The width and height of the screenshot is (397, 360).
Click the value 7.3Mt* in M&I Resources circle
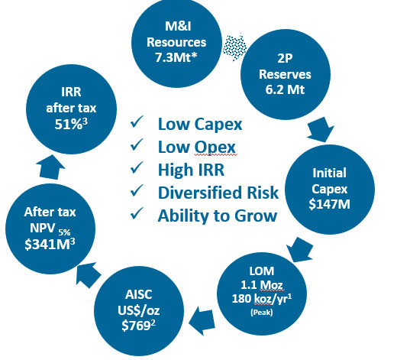click(x=176, y=57)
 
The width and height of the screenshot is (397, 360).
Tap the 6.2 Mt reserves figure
click(x=285, y=89)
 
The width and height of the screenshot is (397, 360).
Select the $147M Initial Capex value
click(x=330, y=204)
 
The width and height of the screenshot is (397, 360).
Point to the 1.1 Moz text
click(x=262, y=284)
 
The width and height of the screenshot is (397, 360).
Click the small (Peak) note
click(x=262, y=312)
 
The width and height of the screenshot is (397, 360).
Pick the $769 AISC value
click(x=138, y=326)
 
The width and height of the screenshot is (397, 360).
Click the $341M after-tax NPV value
click(x=50, y=244)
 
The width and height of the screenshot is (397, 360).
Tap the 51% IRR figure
click(x=71, y=124)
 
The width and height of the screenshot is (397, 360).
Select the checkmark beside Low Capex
click(x=137, y=122)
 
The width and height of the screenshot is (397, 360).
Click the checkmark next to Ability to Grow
click(x=137, y=213)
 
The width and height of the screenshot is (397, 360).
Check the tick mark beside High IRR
click(x=137, y=167)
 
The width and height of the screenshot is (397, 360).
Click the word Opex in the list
click(x=215, y=148)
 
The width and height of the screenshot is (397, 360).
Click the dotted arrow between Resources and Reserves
click(x=234, y=47)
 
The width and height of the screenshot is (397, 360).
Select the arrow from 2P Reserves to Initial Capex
click(x=321, y=129)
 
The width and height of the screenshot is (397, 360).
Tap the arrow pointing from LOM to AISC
click(x=202, y=321)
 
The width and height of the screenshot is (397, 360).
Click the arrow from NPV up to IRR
click(x=51, y=167)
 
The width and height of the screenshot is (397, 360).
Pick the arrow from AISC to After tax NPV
click(x=89, y=275)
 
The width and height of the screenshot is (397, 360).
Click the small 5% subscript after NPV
click(x=65, y=232)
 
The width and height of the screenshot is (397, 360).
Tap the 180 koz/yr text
click(x=262, y=299)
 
